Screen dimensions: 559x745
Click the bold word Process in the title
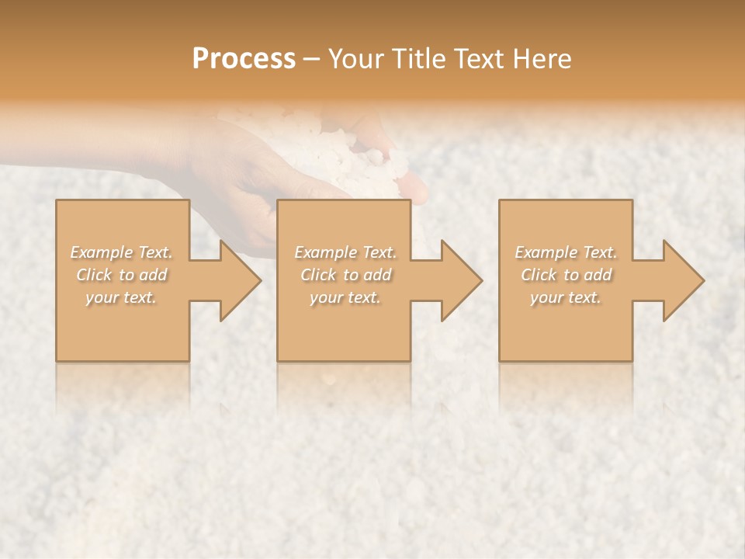coord(244,59)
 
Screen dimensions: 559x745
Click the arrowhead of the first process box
coord(240,280)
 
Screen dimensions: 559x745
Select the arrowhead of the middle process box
coord(461,280)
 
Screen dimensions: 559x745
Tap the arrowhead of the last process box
coord(682,280)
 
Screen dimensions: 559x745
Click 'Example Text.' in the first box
coord(122,252)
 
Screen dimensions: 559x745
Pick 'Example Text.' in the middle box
coord(345,252)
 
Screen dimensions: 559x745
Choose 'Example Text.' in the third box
coord(566,252)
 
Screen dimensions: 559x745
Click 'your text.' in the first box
coord(122,297)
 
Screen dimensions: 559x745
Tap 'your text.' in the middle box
coord(345,297)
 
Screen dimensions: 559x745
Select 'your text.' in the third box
coord(566,297)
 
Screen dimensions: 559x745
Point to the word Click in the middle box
coord(319,275)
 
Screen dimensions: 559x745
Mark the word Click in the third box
coord(539,275)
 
